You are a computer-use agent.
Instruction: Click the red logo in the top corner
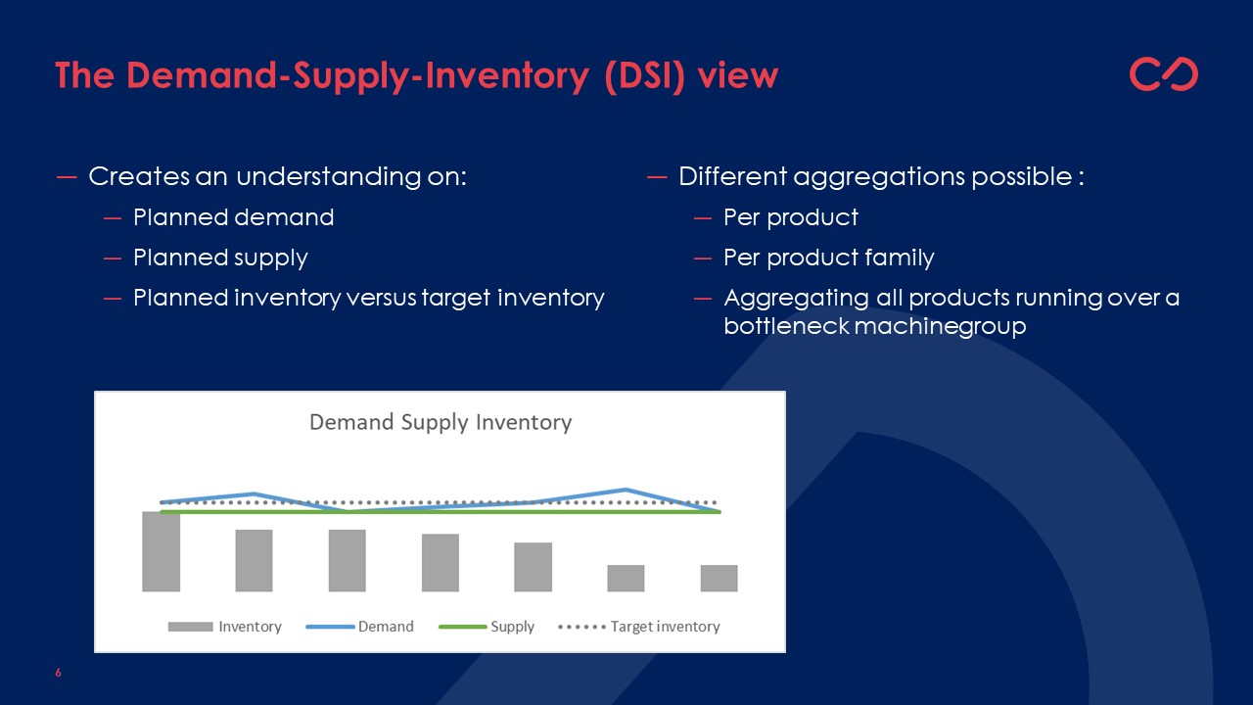1164,73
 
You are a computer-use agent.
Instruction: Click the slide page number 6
58,673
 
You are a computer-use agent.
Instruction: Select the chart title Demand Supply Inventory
441,422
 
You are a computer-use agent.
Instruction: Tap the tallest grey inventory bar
162,551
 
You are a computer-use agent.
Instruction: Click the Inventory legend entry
225,627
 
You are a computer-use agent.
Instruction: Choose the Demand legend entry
359,627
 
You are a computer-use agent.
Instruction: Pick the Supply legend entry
487,627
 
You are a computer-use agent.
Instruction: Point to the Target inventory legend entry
639,627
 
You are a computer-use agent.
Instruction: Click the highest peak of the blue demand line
626,490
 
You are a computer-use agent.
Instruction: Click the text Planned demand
233,217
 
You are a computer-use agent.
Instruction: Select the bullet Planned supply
220,258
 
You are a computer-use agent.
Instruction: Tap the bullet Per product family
828,258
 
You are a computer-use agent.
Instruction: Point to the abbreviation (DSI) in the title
644,75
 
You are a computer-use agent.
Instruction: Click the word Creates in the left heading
139,176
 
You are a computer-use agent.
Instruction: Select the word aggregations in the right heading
880,177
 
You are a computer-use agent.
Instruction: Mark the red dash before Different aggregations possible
657,178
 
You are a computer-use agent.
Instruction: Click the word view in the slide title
738,75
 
